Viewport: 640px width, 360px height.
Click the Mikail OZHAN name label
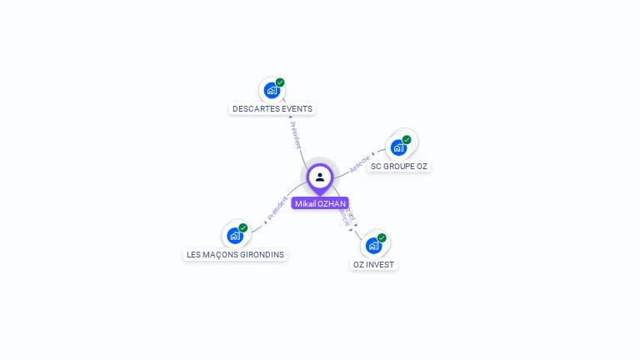click(320, 203)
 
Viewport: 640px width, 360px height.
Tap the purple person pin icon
click(320, 177)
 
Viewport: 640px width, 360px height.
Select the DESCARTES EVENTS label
click(272, 108)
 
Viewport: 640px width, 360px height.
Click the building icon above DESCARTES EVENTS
click(271, 90)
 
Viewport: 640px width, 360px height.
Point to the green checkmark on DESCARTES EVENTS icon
click(280, 82)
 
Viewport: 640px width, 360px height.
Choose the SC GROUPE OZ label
click(399, 166)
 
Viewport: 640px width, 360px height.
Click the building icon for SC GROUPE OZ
click(398, 147)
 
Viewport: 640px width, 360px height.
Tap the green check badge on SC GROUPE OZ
click(407, 140)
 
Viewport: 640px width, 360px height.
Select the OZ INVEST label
click(373, 264)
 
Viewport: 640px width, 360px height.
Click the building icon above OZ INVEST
click(373, 245)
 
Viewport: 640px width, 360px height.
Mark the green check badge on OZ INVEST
click(382, 238)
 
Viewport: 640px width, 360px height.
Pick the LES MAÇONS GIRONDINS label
click(236, 254)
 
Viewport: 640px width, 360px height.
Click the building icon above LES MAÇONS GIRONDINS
click(234, 235)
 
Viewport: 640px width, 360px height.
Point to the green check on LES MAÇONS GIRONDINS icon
click(243, 227)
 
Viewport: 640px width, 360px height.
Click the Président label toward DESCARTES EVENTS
click(295, 135)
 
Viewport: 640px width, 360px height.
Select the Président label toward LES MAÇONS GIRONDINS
click(277, 208)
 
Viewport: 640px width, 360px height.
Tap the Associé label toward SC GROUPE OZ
click(360, 162)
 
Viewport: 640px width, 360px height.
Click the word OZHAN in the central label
click(332, 203)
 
